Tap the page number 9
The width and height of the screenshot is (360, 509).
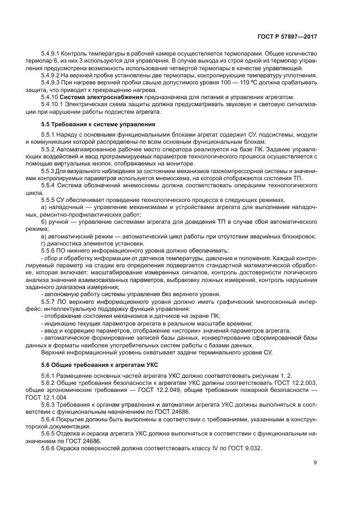coord(315,464)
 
